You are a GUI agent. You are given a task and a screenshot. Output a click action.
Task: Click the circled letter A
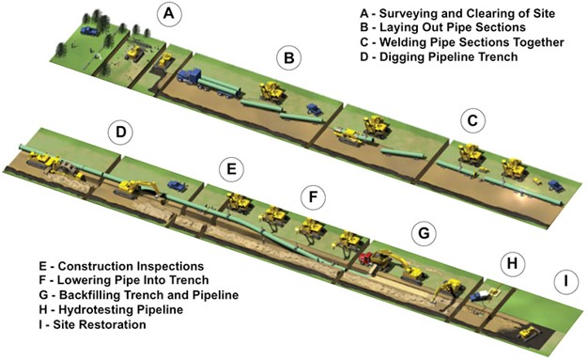[x=169, y=14]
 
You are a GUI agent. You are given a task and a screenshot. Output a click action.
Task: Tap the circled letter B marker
[x=288, y=58]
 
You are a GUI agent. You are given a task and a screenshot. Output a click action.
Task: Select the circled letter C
[x=472, y=121]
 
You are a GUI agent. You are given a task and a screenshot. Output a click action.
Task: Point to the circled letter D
[x=120, y=133]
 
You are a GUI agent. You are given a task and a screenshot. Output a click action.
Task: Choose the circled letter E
[x=231, y=169]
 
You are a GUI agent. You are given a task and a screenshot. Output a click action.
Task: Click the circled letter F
[x=313, y=197]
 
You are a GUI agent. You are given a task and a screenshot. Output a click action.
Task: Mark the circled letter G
[x=424, y=233]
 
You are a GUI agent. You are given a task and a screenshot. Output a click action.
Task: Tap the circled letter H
[x=513, y=264]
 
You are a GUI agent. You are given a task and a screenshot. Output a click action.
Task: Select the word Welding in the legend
[x=402, y=42]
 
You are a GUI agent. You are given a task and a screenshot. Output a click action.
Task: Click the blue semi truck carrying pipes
[x=209, y=84]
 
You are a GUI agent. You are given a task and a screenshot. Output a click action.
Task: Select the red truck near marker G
[x=366, y=259]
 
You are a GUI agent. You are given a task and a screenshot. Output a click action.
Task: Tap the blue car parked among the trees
[x=88, y=30]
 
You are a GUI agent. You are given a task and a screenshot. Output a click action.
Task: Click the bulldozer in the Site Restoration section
[x=529, y=333]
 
